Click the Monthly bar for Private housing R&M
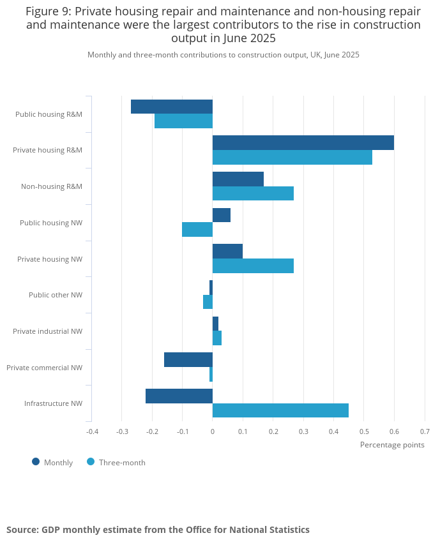[x=303, y=143]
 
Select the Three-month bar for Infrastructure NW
[x=280, y=410]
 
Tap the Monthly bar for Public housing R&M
[x=172, y=107]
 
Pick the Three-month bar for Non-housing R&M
[x=253, y=193]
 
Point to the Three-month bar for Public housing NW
[x=197, y=229]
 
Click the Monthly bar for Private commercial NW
[x=188, y=360]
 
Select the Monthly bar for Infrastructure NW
[x=179, y=396]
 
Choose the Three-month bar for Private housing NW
[x=253, y=266]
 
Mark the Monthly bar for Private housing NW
[x=227, y=251]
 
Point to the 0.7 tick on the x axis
[x=425, y=431]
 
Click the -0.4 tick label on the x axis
[x=92, y=431]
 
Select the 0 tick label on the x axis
[x=213, y=431]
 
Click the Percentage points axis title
[x=392, y=445]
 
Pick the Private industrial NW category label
[x=47, y=331]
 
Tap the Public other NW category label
[x=55, y=295]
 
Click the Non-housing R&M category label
[x=51, y=186]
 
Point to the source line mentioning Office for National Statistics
[x=158, y=530]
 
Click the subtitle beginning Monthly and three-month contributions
[x=223, y=55]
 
